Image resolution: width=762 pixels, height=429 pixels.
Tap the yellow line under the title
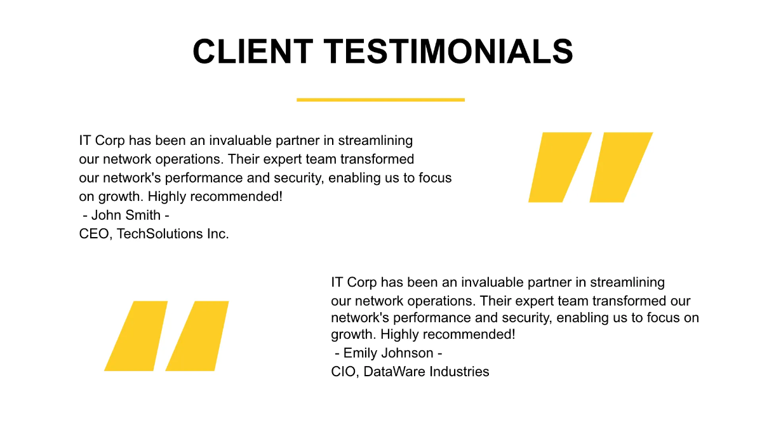coord(380,100)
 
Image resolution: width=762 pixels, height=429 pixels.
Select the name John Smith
coord(126,215)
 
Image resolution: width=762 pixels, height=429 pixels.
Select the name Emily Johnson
coord(388,353)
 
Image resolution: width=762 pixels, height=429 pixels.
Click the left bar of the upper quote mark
coord(559,167)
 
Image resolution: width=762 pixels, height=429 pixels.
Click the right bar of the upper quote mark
coord(620,167)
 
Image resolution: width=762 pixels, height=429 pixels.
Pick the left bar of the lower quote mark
coord(136,336)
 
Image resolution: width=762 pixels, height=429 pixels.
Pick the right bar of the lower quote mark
coord(197,336)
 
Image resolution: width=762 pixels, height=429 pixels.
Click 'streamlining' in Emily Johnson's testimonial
coord(627,282)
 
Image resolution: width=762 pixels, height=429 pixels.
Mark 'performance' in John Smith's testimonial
coord(194,178)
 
